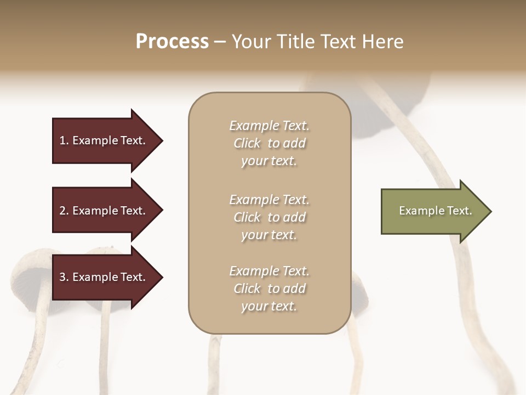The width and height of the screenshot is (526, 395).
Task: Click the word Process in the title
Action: [x=172, y=42]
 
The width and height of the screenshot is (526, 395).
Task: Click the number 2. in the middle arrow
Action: [x=64, y=211]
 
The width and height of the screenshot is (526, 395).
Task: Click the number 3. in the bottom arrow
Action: [x=64, y=277]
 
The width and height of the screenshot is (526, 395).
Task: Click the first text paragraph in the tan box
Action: [x=269, y=143]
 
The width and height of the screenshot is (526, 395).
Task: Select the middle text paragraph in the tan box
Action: [x=269, y=217]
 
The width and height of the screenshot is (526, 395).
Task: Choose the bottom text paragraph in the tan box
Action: [x=269, y=289]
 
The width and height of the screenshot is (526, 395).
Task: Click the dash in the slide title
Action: [x=220, y=42]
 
